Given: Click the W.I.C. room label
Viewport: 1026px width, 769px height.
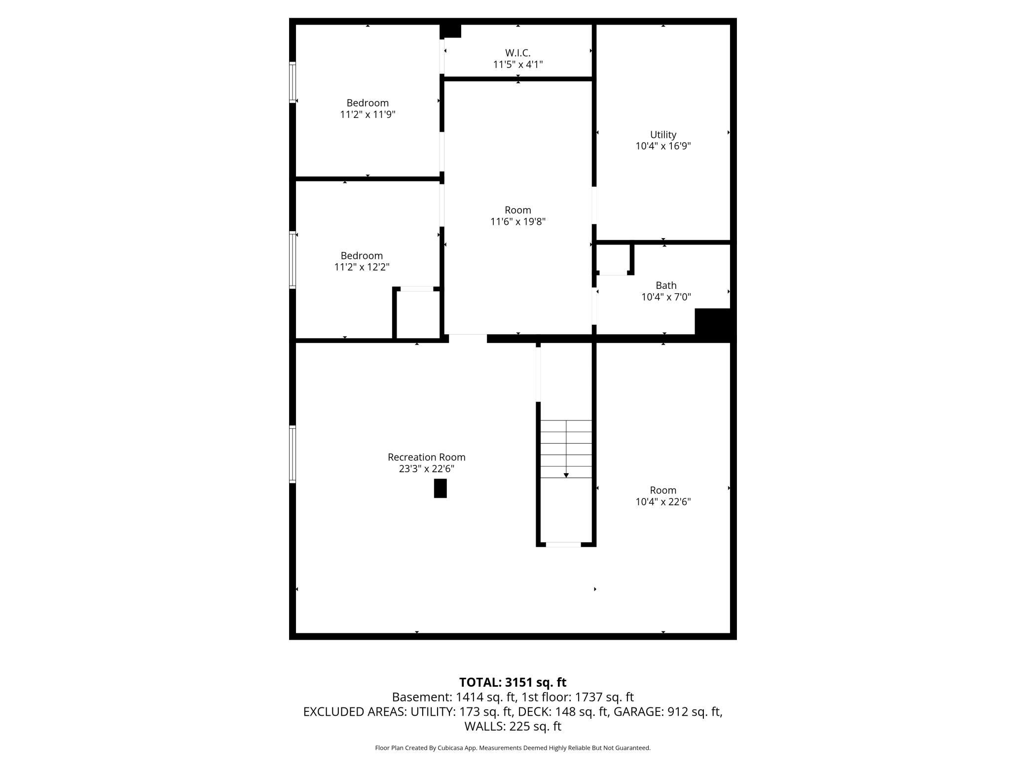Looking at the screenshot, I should pyautogui.click(x=517, y=53).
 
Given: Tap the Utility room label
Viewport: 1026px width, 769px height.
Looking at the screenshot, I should pyautogui.click(x=662, y=135).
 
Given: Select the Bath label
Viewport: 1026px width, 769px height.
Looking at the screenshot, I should pyautogui.click(x=665, y=285).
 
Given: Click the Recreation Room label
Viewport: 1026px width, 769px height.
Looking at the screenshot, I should pyautogui.click(x=426, y=457).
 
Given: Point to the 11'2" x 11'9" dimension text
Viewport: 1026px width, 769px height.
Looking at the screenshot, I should pyautogui.click(x=367, y=115).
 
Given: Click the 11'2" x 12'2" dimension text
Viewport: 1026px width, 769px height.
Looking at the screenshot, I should pyautogui.click(x=362, y=267).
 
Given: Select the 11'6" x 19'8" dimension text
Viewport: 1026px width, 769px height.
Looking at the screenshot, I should pyautogui.click(x=517, y=222).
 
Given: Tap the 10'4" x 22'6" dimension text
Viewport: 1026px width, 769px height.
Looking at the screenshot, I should pyautogui.click(x=662, y=502).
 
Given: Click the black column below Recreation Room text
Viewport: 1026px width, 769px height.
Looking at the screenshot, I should pyautogui.click(x=440, y=489).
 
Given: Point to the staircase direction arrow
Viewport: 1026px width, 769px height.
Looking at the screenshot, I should pyautogui.click(x=566, y=475).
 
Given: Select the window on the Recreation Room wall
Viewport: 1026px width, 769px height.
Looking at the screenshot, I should pyautogui.click(x=293, y=454).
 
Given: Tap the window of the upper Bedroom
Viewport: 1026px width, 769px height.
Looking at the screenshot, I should pyautogui.click(x=293, y=82).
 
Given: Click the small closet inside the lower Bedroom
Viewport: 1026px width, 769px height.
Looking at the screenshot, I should pyautogui.click(x=418, y=315).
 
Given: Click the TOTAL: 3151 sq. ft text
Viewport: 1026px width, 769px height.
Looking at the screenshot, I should pyautogui.click(x=513, y=682).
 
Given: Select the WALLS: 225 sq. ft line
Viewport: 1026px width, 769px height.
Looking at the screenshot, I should pyautogui.click(x=513, y=726).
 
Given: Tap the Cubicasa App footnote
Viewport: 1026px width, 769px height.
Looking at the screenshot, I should pyautogui.click(x=513, y=748).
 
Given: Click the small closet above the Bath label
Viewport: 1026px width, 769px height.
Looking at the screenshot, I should pyautogui.click(x=613, y=258).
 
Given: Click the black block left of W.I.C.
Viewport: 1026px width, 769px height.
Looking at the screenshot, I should pyautogui.click(x=450, y=31).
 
